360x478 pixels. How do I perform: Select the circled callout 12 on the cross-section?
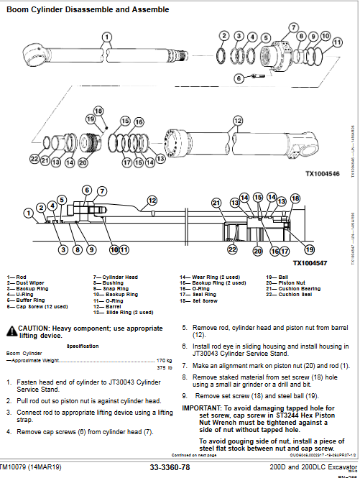(x=152, y=201)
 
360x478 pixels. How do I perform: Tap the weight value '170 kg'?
(x=165, y=359)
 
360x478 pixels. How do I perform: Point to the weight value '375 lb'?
(x=165, y=367)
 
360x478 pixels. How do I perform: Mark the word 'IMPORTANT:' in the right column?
(x=201, y=407)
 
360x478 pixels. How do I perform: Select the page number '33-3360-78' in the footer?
(x=170, y=466)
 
